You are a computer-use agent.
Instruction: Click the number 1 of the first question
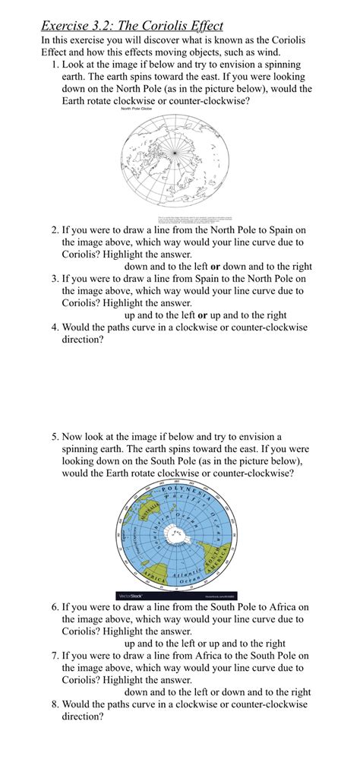tap(55, 65)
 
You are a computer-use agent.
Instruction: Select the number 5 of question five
tap(55, 437)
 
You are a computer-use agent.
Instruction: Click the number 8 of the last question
tap(55, 704)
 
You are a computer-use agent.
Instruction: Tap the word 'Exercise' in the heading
tap(68, 26)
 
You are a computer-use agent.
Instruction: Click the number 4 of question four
tap(55, 327)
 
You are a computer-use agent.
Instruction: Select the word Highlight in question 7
tap(141, 680)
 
